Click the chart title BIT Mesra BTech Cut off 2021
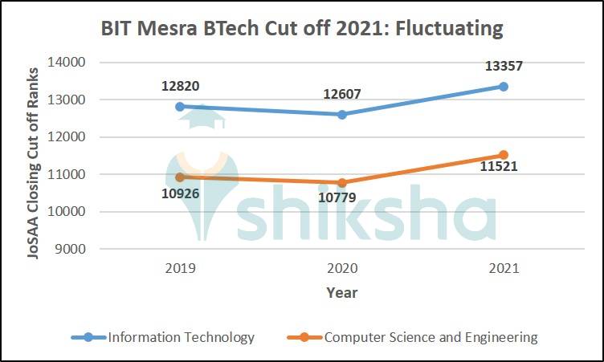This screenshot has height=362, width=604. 301,29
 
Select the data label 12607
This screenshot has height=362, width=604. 341,94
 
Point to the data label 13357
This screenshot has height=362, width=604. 504,67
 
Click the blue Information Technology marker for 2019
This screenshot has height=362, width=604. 180,106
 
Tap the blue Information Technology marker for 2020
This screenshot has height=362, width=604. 341,114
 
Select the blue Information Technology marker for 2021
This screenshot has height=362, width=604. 504,86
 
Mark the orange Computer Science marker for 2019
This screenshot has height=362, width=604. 180,177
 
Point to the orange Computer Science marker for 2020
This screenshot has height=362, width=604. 341,182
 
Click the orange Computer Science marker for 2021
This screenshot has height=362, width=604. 504,155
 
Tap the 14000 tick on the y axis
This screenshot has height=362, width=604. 69,63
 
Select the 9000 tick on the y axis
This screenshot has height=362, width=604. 72,249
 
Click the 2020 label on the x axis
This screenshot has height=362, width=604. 341,268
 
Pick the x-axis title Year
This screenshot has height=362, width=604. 341,292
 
